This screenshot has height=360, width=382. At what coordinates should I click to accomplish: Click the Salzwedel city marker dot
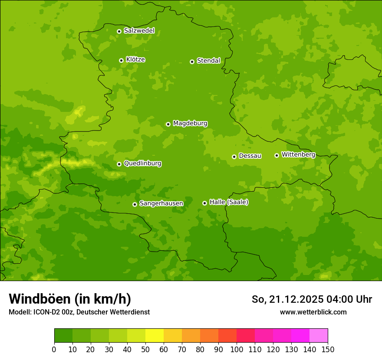(119, 31)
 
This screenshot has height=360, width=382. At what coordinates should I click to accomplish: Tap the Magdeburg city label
(190, 124)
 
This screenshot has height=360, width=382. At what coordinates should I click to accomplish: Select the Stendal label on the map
(208, 61)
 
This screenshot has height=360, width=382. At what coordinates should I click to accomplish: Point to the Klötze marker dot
(121, 60)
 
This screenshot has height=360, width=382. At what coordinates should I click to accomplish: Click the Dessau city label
(250, 156)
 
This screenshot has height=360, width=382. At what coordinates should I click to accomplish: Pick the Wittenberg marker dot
(277, 155)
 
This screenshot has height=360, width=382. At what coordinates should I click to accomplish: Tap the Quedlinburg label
(142, 164)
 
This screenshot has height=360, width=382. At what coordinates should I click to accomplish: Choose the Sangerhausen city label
(161, 203)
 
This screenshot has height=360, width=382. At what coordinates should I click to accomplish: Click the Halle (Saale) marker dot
(204, 203)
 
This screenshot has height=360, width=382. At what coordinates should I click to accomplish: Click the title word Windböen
(40, 299)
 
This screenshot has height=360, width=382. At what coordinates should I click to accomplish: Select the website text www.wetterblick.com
(313, 312)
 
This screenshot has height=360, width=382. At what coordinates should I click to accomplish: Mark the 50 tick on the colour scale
(145, 349)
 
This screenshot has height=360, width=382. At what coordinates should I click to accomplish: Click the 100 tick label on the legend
(237, 349)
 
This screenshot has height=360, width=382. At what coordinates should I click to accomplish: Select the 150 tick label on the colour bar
(328, 349)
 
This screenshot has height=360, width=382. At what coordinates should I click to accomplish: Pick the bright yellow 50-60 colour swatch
(155, 336)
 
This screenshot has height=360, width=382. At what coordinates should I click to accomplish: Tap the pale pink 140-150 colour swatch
(319, 336)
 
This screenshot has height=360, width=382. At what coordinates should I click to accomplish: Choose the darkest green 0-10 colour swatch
(63, 336)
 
